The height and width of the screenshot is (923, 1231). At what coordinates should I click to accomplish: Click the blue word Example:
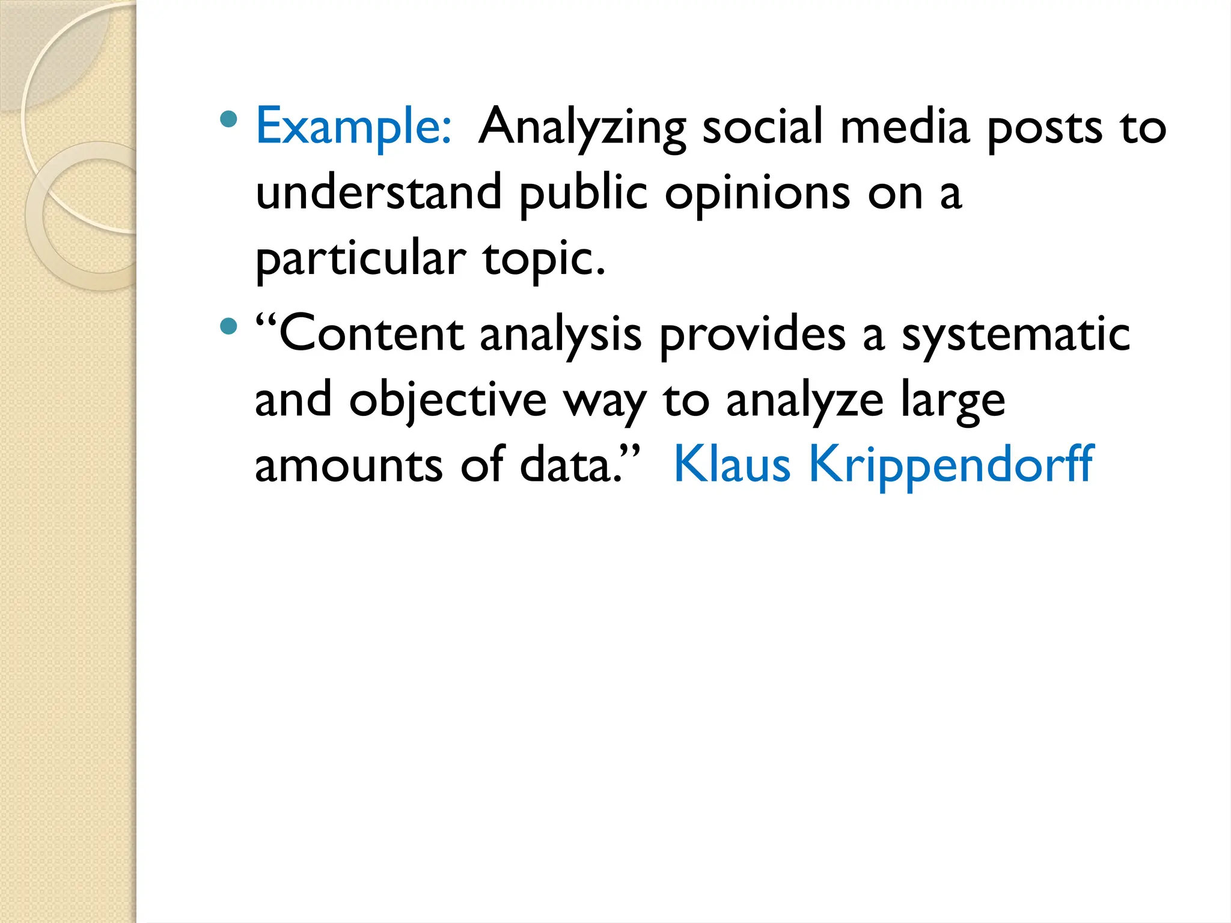[x=353, y=127]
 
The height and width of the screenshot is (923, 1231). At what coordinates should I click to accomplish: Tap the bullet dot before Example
[x=229, y=119]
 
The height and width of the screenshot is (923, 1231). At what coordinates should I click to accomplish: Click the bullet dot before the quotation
[x=229, y=326]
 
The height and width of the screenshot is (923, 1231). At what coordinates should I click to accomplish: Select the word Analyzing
[x=582, y=128]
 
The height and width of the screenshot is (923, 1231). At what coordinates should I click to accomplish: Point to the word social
[x=762, y=127]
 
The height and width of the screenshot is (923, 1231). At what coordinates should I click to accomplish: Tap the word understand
[x=379, y=193]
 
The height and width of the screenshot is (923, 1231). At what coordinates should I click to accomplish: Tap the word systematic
[x=1016, y=335]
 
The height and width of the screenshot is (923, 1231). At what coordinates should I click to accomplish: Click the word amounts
[x=349, y=466]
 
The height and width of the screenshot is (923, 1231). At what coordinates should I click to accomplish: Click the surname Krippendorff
[x=951, y=466]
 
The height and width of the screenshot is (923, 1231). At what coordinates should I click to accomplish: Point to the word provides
[x=753, y=335]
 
